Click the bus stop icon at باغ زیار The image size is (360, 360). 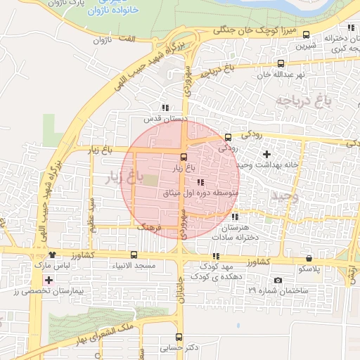(x=184, y=157)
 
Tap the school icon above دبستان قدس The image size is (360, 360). (x=165, y=108)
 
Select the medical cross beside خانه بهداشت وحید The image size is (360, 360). (x=266, y=154)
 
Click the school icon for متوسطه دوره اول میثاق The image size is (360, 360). (x=200, y=182)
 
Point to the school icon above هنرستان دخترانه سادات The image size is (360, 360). (x=234, y=217)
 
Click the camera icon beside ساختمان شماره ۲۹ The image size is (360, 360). (x=278, y=281)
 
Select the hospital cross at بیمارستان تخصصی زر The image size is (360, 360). (x=49, y=281)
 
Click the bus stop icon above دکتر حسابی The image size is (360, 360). (x=179, y=337)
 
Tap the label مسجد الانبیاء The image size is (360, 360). (x=134, y=267)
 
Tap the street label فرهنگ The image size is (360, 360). (x=150, y=229)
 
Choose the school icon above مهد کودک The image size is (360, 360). (x=215, y=257)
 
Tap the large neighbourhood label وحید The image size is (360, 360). (x=285, y=197)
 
